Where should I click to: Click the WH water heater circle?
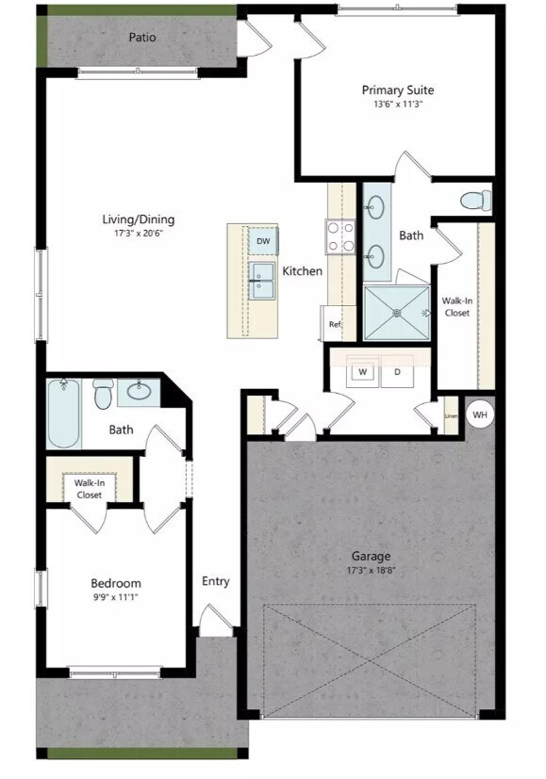click(x=480, y=414)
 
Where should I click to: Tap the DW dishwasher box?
click(x=263, y=242)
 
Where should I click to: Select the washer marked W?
click(x=361, y=372)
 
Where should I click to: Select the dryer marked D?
click(x=397, y=372)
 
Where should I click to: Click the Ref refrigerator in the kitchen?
click(x=334, y=324)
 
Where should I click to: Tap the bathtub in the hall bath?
click(x=64, y=413)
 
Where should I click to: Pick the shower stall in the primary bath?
click(x=396, y=312)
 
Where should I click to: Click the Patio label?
click(x=142, y=38)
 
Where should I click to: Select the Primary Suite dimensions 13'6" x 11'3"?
click(x=398, y=105)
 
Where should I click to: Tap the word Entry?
click(x=215, y=581)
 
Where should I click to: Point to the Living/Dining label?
click(x=139, y=219)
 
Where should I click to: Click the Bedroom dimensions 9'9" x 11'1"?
click(x=116, y=596)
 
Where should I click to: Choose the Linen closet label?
click(x=451, y=415)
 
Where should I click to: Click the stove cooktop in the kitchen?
click(x=340, y=236)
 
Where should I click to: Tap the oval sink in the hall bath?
click(x=143, y=391)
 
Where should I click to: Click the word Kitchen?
click(x=303, y=271)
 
